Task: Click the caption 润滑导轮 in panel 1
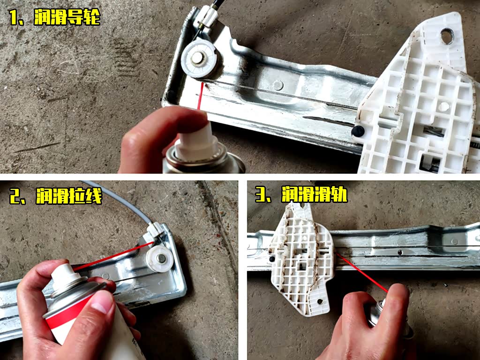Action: [67, 17]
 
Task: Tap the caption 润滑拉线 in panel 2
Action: [69, 196]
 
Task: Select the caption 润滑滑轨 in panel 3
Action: [315, 194]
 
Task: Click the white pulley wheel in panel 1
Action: [199, 59]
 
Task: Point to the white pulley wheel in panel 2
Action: [160, 259]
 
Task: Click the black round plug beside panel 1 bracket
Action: [358, 131]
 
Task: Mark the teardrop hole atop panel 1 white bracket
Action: [447, 36]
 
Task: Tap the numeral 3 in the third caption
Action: [260, 195]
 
